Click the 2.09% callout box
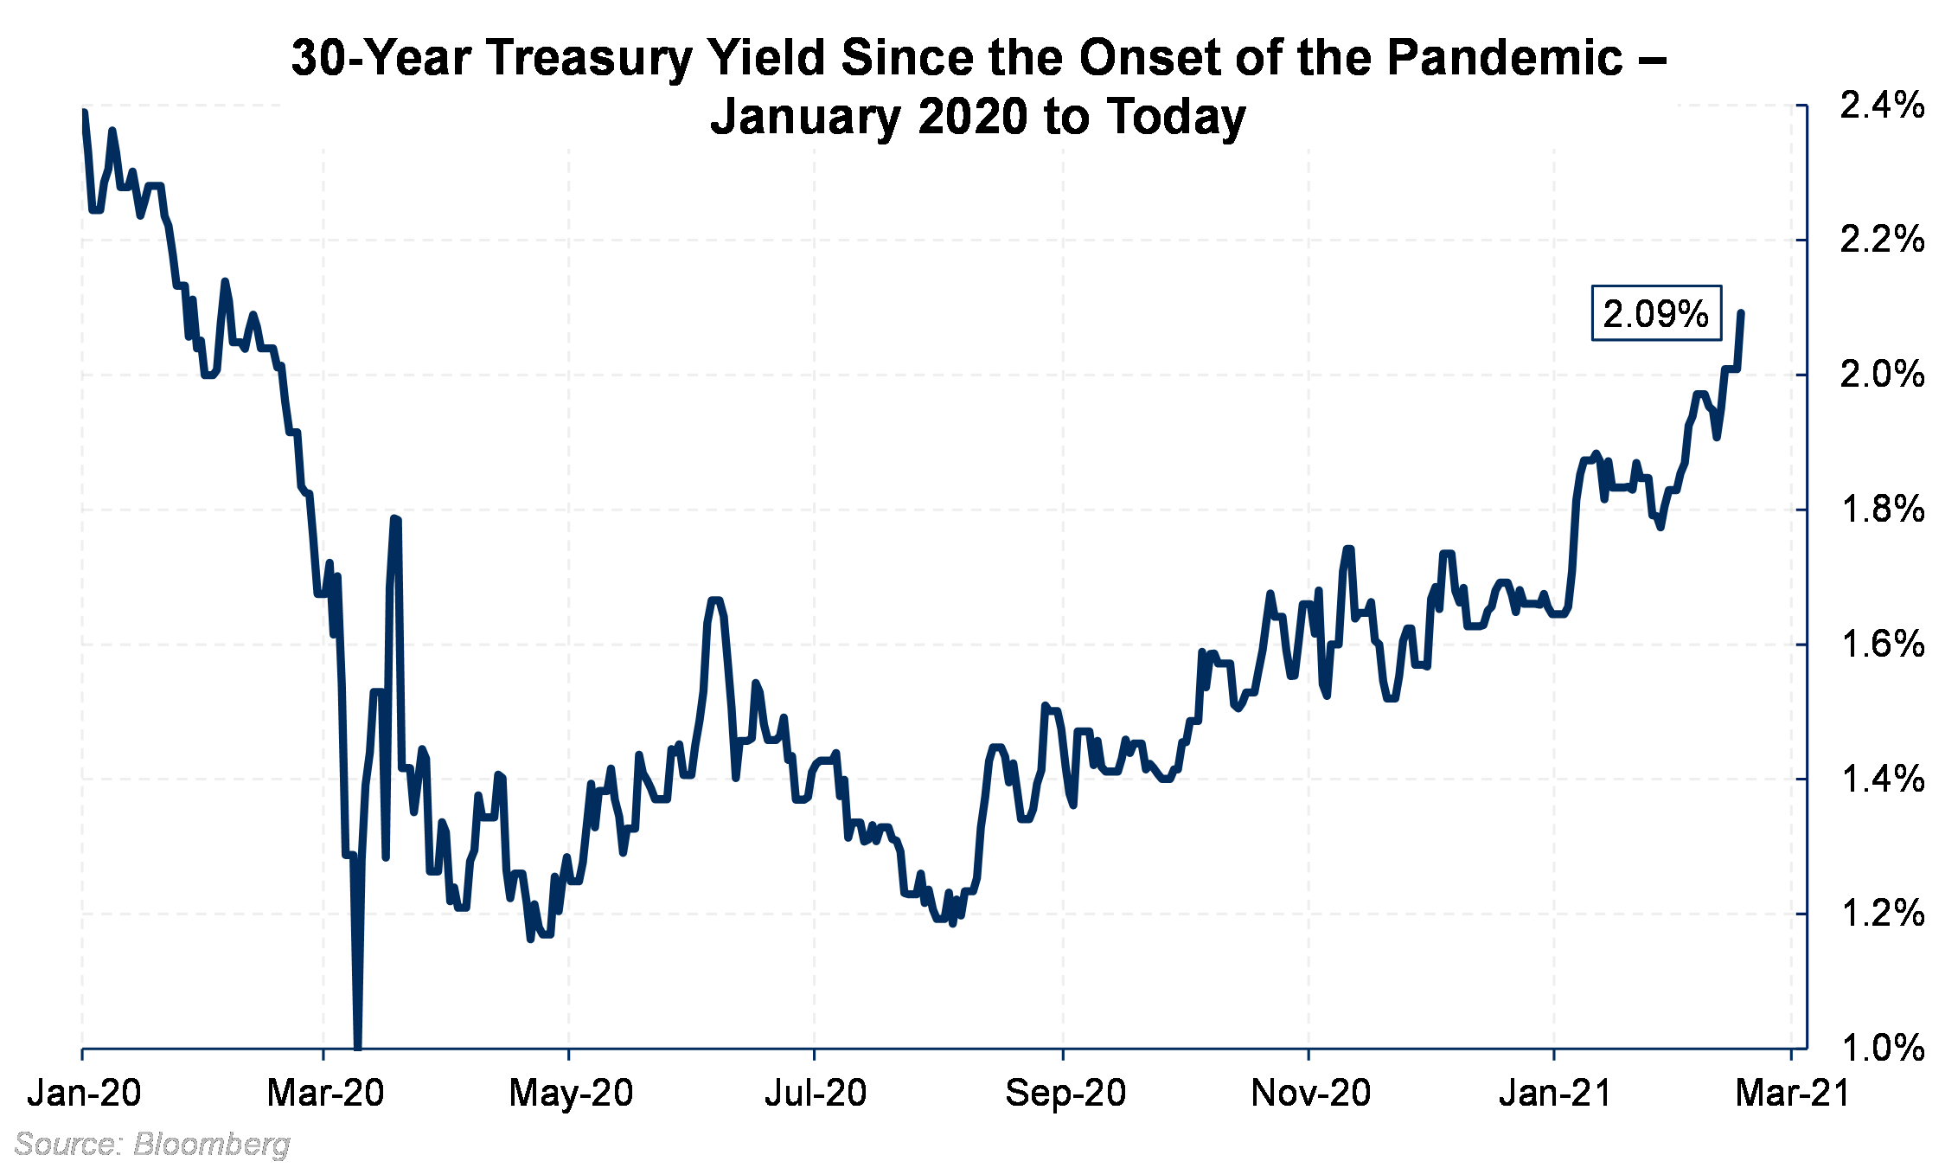(1655, 313)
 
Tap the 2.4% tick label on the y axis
(1882, 106)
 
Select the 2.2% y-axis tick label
(1882, 240)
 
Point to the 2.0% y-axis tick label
(1882, 375)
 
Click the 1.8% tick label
(1882, 510)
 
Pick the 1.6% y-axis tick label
(1882, 645)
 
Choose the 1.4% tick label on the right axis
(1882, 780)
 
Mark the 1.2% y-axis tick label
(1882, 914)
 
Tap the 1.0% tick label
(1882, 1049)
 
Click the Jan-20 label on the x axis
(84, 1094)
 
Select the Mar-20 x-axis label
(325, 1094)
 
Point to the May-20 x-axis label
(571, 1094)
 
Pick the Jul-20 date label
(815, 1094)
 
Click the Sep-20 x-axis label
(1065, 1094)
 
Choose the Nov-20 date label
(1310, 1094)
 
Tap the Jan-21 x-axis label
(1555, 1094)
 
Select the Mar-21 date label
(1792, 1094)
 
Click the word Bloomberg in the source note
(212, 1145)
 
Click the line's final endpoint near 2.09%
(1740, 313)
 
